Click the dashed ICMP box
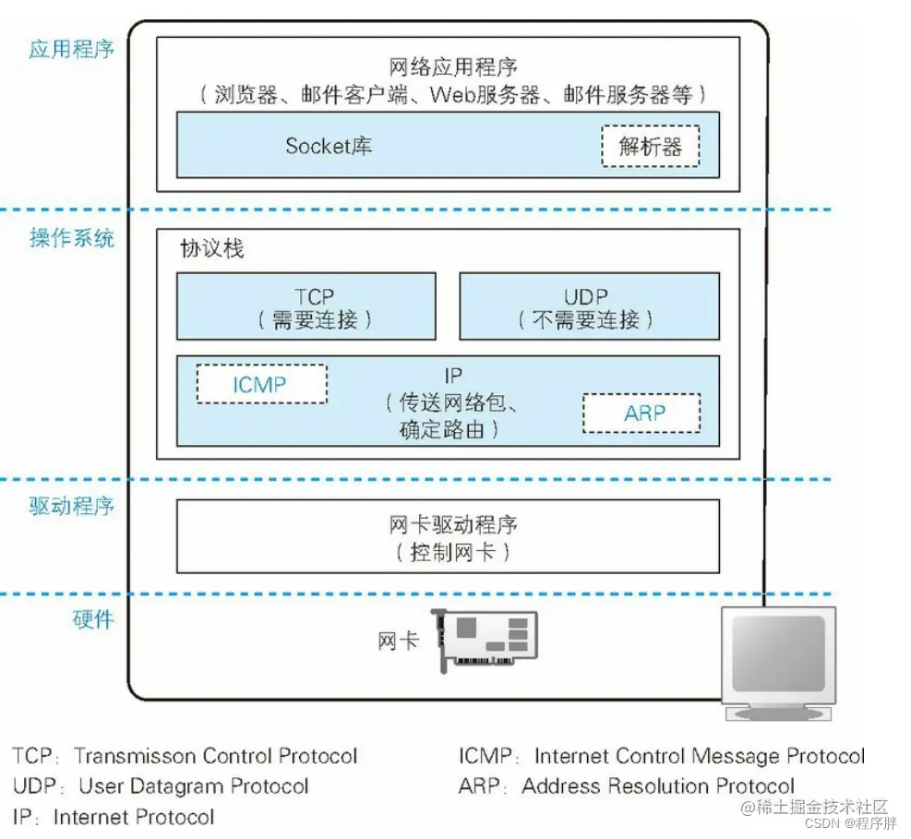coord(261,384)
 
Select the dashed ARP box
coord(641,413)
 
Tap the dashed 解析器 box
coord(650,146)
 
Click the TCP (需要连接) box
coord(306,306)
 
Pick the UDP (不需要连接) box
coord(589,306)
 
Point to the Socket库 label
coord(329,146)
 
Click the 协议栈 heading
coord(212,249)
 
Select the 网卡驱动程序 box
coord(448,537)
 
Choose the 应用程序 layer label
coord(71,49)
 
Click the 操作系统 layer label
coord(71,238)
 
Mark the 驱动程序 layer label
coord(71,505)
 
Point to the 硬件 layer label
coord(92,619)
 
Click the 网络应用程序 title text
coord(453,67)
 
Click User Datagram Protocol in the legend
coord(194,786)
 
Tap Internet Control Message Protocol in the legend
coord(700,757)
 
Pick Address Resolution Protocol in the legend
coord(658,786)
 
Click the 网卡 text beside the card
coord(398,641)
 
